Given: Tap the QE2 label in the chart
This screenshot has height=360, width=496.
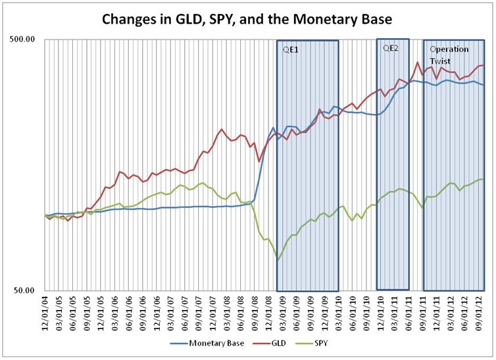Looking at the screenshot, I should [x=390, y=48].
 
